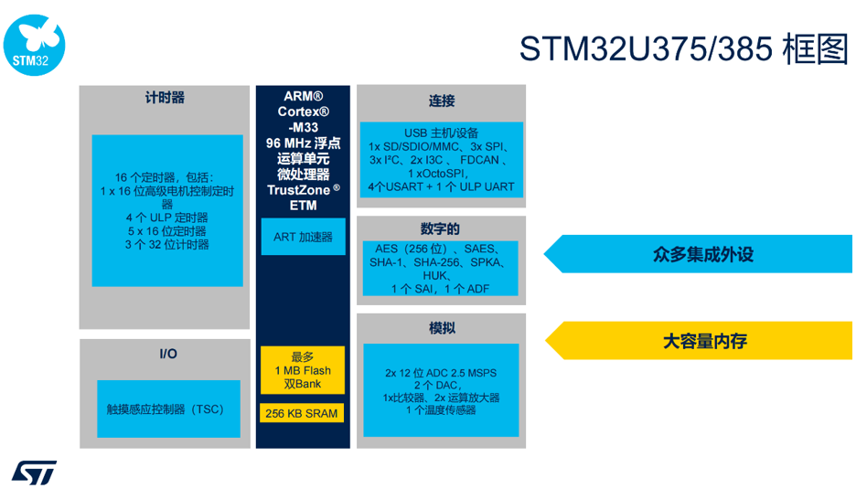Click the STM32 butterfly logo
coord(34,45)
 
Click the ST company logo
coord(34,472)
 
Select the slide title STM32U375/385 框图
coord(683,48)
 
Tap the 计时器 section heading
coord(165,98)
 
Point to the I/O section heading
coord(168,354)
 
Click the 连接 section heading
coord(441,101)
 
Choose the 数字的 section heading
coord(440,228)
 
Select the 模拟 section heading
coord(442,328)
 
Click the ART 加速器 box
coord(303,237)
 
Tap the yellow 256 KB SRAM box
coord(302,413)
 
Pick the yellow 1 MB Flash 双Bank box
coord(303,370)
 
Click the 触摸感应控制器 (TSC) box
coord(168,409)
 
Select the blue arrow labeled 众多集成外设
coord(698,254)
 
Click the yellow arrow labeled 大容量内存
coord(699,340)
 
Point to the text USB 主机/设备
coord(441,133)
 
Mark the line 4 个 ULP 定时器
coord(167,218)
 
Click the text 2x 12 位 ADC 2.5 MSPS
coord(441,373)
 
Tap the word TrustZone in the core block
coord(298,190)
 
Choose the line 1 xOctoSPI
coord(438,174)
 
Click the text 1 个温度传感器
coord(441,410)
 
